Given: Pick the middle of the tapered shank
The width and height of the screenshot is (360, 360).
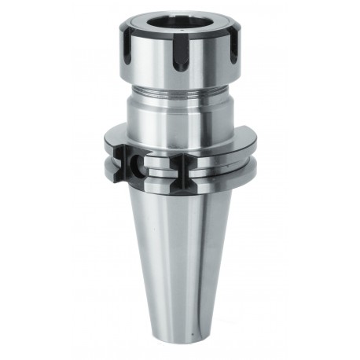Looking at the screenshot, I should pos(180,252).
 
